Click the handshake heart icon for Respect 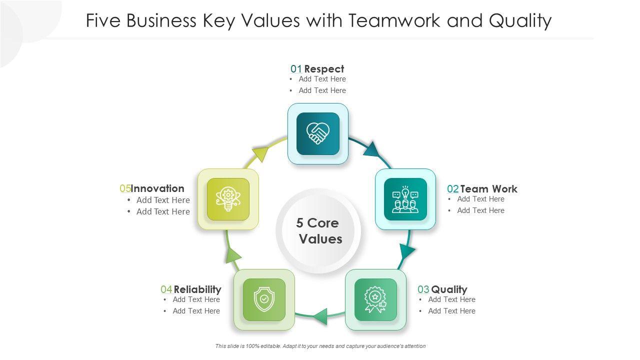[x=318, y=133]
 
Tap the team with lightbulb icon [x=405, y=199]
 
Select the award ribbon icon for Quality [x=375, y=299]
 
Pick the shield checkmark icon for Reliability [x=264, y=299]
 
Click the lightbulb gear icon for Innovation [x=228, y=199]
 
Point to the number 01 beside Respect [x=296, y=69]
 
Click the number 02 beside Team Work [x=452, y=189]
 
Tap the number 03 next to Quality [x=423, y=289]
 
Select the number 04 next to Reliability [x=166, y=289]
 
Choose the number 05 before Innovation [x=125, y=188]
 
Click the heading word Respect [x=324, y=69]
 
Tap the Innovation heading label [x=158, y=188]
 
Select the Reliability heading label [x=197, y=289]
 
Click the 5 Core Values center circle [x=318, y=230]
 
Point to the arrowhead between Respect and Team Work [x=371, y=149]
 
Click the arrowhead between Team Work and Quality [x=407, y=252]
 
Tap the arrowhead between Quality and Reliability [x=320, y=316]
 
